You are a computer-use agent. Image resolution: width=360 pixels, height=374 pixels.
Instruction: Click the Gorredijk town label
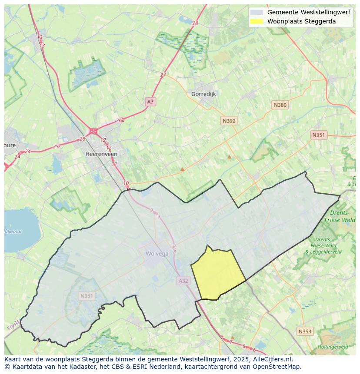pyautogui.click(x=203, y=94)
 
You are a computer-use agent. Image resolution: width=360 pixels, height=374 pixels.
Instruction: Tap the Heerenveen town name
pyautogui.click(x=101, y=154)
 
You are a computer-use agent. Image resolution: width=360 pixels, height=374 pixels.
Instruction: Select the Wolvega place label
pyautogui.click(x=157, y=254)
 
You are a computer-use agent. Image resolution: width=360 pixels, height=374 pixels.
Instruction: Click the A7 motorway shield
pyautogui.click(x=150, y=102)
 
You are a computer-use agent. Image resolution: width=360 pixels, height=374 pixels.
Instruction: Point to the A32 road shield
pyautogui.click(x=183, y=281)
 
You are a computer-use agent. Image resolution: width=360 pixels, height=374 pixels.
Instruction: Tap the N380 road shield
pyautogui.click(x=280, y=105)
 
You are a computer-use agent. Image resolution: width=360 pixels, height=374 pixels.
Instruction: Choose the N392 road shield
pyautogui.click(x=229, y=121)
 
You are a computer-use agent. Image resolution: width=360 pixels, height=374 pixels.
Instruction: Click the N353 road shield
pyautogui.click(x=304, y=331)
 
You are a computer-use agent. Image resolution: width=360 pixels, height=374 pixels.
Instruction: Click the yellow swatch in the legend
pyautogui.click(x=257, y=21)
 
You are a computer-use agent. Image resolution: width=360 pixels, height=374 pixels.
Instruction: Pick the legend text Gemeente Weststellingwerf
pyautogui.click(x=308, y=12)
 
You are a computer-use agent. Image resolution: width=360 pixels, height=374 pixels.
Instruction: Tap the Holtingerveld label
pyautogui.click(x=333, y=347)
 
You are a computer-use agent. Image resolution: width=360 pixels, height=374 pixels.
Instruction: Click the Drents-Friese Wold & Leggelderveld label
pyautogui.click(x=323, y=245)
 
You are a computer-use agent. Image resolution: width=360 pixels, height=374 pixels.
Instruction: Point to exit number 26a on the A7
pyautogui.click(x=120, y=121)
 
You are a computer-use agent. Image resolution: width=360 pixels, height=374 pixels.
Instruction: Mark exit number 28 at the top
pyautogui.click(x=195, y=23)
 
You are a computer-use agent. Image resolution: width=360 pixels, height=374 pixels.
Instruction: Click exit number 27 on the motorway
pyautogui.click(x=163, y=75)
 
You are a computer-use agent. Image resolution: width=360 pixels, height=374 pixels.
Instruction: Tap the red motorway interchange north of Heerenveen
pyautogui.click(x=93, y=131)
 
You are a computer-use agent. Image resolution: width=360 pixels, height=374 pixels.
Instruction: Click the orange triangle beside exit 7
pyautogui.click(x=232, y=338)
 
